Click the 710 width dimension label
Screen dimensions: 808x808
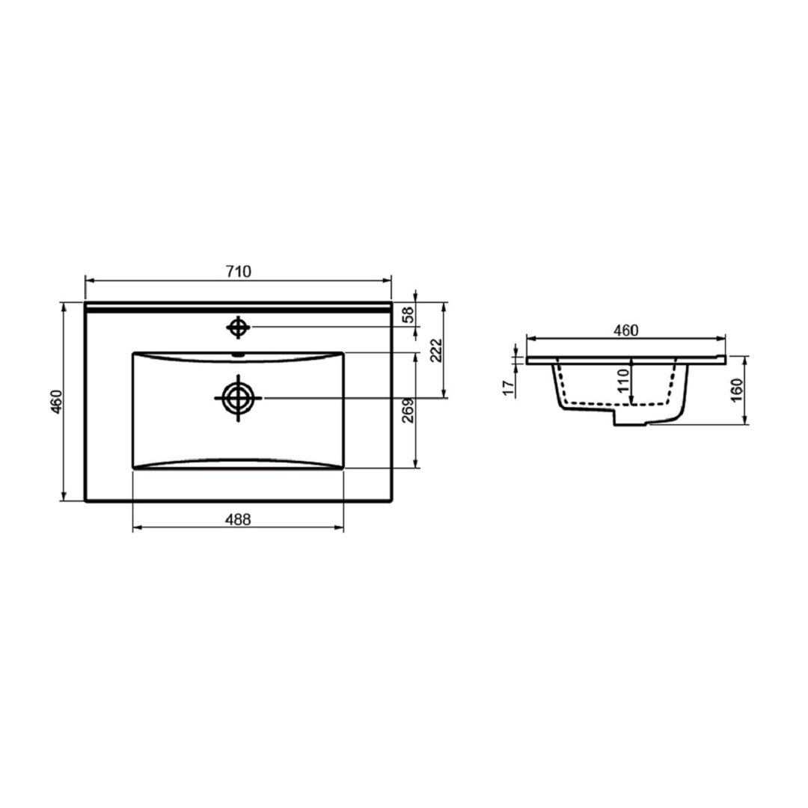[x=239, y=271]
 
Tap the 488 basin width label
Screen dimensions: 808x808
[x=238, y=519]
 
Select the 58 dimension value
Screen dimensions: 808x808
[x=408, y=314]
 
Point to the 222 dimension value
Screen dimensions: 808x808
[x=436, y=350]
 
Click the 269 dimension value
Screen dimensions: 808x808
[x=408, y=410]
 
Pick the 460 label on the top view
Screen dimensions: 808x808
[x=57, y=402]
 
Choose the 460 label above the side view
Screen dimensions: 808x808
[x=625, y=331]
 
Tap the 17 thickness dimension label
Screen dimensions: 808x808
[x=509, y=388]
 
